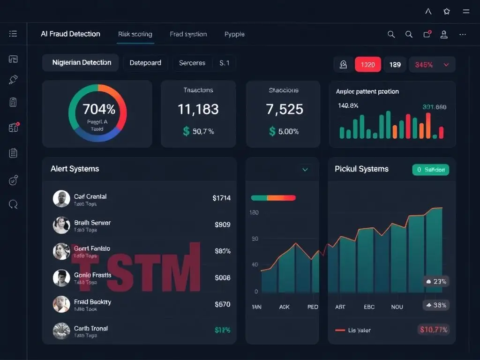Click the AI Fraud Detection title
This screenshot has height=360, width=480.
(x=70, y=34)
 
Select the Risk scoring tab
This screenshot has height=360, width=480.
(x=135, y=34)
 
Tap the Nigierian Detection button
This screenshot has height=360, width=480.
(x=82, y=63)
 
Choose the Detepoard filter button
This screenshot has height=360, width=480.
(x=145, y=63)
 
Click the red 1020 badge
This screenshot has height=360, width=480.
(x=367, y=65)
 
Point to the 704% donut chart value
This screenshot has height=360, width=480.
(x=98, y=109)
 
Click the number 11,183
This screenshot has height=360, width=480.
(x=198, y=109)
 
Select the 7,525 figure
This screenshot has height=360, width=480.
(x=284, y=109)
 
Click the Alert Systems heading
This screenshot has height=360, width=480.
(x=75, y=169)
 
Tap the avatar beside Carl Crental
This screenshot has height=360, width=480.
(x=61, y=199)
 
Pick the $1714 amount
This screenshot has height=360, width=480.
(x=221, y=198)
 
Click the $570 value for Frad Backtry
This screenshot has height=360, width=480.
(x=222, y=304)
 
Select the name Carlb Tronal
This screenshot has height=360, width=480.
(x=91, y=328)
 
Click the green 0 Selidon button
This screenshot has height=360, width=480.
(x=430, y=170)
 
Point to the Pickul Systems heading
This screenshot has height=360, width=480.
(x=361, y=169)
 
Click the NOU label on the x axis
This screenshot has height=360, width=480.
(x=397, y=307)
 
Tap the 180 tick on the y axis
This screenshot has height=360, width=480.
(x=254, y=213)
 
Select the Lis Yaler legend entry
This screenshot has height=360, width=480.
(x=359, y=330)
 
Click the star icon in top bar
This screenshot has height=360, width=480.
(x=447, y=12)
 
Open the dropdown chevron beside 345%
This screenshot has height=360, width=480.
(x=446, y=65)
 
